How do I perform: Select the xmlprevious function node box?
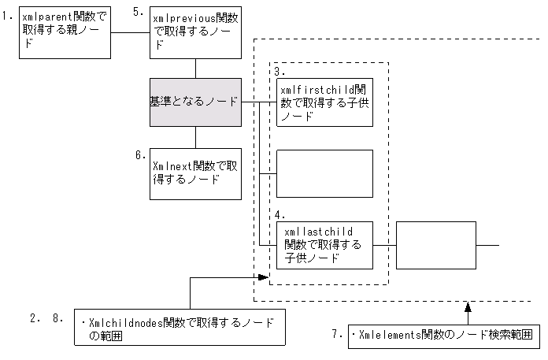194,32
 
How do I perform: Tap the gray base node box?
195,102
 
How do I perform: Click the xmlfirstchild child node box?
324,102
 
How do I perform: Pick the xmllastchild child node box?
324,245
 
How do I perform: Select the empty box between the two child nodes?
324,173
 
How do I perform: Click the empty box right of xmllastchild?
437,245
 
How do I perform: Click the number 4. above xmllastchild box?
281,214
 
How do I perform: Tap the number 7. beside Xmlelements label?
336,335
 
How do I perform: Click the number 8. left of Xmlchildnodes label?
56,318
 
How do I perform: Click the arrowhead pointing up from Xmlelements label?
467,305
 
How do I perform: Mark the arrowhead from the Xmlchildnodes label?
265,277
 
